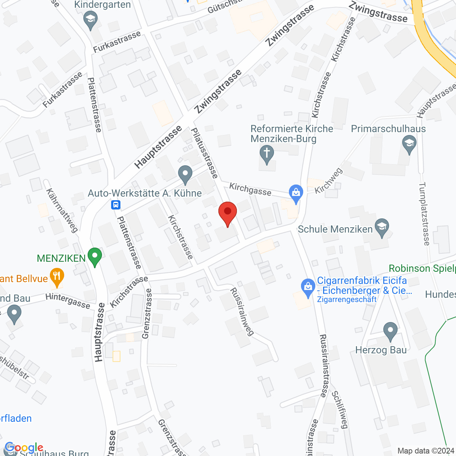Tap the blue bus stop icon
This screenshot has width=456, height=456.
[x=115, y=205]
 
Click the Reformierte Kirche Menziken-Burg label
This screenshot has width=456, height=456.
[x=292, y=134]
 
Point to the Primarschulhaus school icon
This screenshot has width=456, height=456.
[x=409, y=145]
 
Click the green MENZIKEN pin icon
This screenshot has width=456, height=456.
[x=94, y=256]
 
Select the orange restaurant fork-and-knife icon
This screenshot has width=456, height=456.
[x=57, y=276]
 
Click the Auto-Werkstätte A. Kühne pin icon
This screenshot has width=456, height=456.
[x=185, y=175]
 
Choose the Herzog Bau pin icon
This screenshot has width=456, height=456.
[x=390, y=331]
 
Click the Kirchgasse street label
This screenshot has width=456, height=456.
[x=250, y=189]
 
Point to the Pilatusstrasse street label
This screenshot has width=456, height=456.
[x=204, y=153]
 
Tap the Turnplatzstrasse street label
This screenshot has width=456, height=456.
[x=424, y=214]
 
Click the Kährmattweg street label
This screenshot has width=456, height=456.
[x=62, y=211]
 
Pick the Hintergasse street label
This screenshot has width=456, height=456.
[x=68, y=301]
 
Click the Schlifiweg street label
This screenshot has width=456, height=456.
[x=340, y=409]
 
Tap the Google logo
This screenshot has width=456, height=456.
[x=24, y=447]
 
